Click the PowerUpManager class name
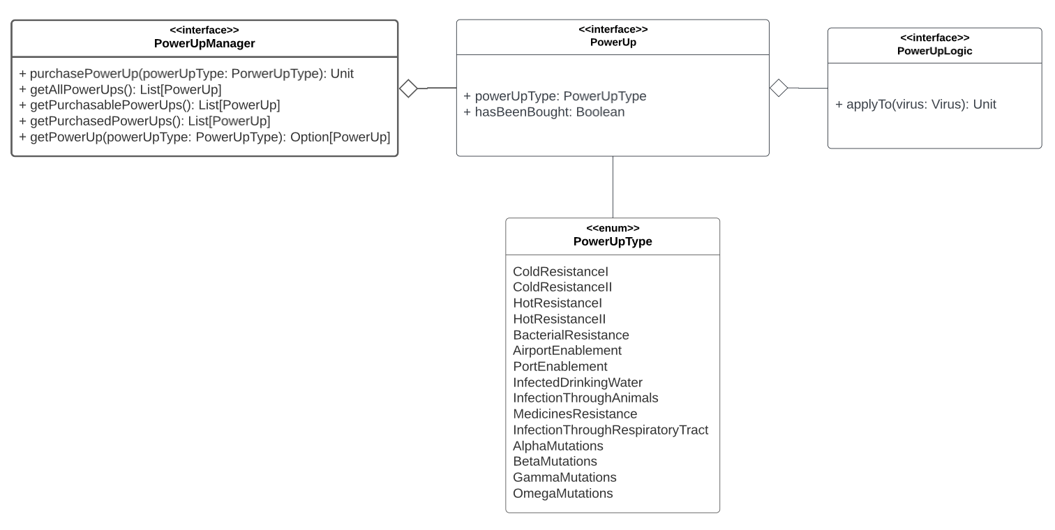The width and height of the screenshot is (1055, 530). [x=204, y=43]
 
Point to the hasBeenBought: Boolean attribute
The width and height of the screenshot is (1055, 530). [x=544, y=112]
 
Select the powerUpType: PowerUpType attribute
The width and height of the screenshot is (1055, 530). [x=555, y=96]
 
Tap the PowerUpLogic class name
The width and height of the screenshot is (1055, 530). [x=934, y=51]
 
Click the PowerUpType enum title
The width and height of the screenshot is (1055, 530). [x=612, y=241]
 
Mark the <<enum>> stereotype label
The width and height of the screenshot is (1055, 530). [x=612, y=228]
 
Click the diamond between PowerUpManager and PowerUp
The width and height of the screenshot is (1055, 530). [x=408, y=89]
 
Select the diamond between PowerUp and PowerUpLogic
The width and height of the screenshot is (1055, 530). [x=779, y=88]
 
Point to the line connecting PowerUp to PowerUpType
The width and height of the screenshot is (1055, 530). [x=613, y=187]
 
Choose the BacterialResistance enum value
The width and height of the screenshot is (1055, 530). [x=571, y=335]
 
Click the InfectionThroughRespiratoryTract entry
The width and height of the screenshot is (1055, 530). [x=610, y=430]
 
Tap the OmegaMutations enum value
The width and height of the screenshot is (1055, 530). [x=562, y=494]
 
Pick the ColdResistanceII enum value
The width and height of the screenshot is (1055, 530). [x=562, y=287]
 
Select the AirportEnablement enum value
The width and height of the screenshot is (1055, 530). [x=567, y=351]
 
